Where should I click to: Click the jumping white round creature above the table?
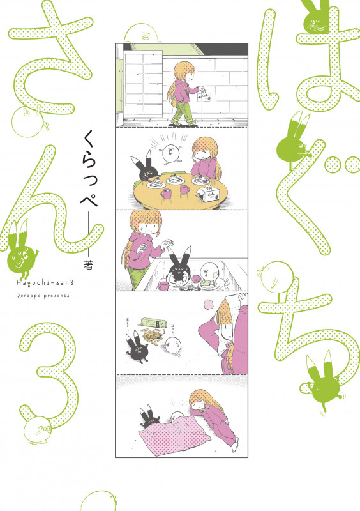point(173,153)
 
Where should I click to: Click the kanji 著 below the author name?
point(88,250)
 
